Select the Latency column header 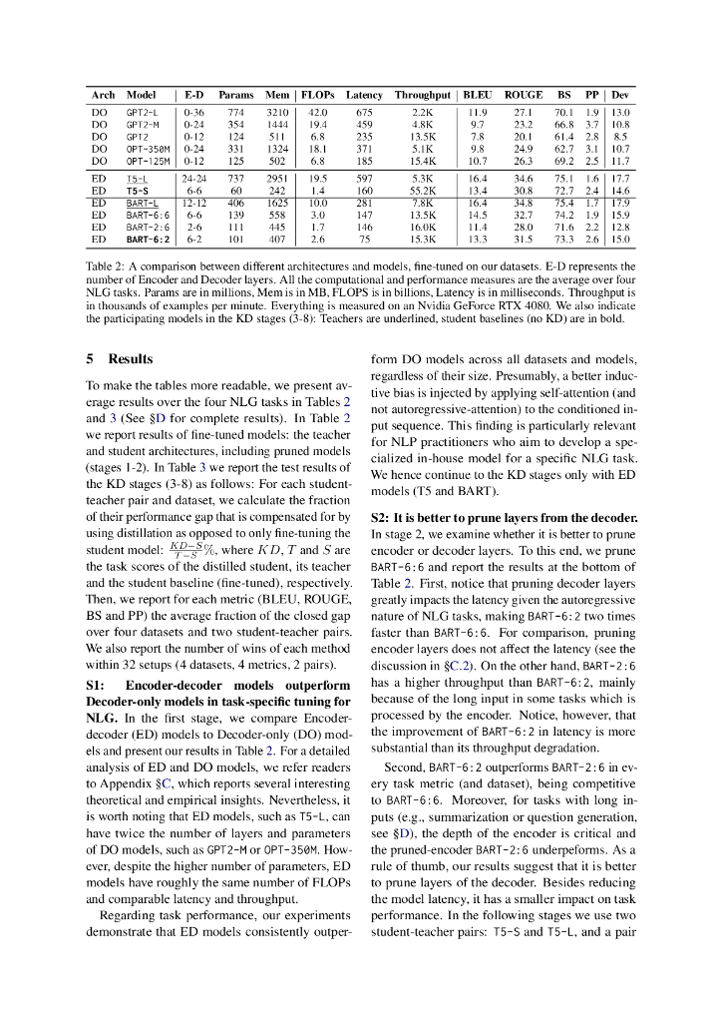click(364, 95)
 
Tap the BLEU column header click(477, 95)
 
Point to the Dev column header click(620, 95)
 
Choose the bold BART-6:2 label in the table click(147, 240)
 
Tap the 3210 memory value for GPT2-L click(277, 113)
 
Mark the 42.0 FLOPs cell click(318, 113)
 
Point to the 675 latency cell click(364, 113)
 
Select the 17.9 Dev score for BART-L click(620, 202)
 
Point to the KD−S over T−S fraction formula click(185, 548)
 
